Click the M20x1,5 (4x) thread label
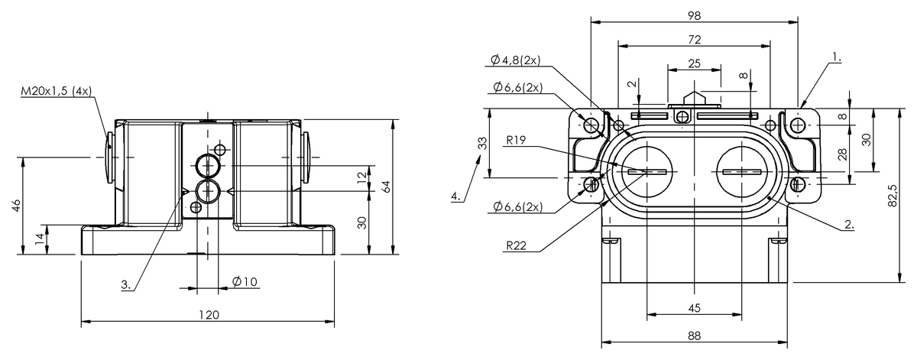pos(55,92)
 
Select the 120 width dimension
pos(209,314)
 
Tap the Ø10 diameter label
pos(245,282)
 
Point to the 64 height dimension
pos(387,186)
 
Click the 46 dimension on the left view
pos(17,206)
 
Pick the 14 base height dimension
pos(39,240)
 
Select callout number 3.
pos(125,285)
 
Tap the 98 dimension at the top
pos(694,15)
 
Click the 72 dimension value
pos(694,39)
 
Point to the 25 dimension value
pos(694,63)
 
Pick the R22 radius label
pos(517,245)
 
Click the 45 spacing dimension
pos(693,308)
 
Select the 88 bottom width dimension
pos(693,335)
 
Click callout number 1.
pos(837,57)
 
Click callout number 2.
pos(849,225)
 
